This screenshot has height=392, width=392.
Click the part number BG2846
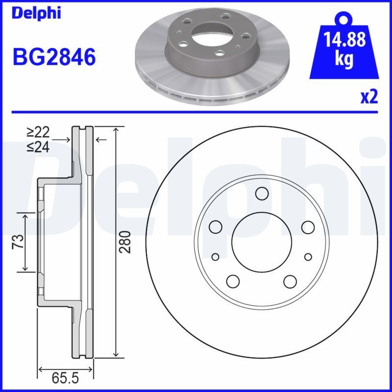(x=53, y=57)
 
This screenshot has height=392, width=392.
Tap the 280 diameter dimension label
(x=127, y=242)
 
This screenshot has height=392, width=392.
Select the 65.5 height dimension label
(x=66, y=379)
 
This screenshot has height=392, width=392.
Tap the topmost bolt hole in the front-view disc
(x=262, y=194)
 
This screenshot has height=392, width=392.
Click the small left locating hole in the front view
(x=216, y=257)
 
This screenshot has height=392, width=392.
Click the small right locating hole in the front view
(x=308, y=257)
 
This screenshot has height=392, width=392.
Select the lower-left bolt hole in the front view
(x=233, y=281)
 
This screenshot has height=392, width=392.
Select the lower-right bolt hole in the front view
(x=290, y=281)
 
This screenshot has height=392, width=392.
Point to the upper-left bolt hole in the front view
(x=216, y=226)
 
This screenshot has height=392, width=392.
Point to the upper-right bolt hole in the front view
(x=308, y=226)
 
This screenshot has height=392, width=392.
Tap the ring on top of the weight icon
(x=343, y=19)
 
